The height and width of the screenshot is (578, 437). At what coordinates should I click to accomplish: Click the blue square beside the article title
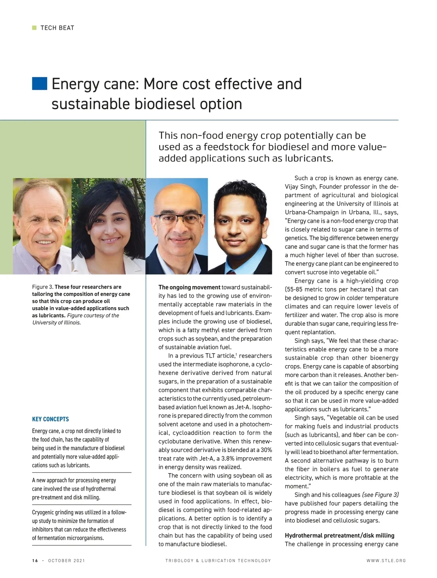click(x=39, y=83)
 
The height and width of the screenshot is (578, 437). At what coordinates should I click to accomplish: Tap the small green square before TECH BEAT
click(x=34, y=28)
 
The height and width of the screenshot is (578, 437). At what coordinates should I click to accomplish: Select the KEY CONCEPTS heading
click(x=50, y=419)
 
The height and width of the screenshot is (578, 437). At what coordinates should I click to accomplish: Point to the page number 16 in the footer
click(x=35, y=561)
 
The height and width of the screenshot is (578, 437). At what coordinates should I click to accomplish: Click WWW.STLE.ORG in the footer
click(x=386, y=561)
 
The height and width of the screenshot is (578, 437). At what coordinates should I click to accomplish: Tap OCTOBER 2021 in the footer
click(x=66, y=561)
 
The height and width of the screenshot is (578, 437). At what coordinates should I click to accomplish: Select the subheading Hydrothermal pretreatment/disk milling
click(x=339, y=535)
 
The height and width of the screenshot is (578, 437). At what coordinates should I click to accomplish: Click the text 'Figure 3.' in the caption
click(x=43, y=287)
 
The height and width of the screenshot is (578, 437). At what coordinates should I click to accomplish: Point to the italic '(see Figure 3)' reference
click(x=380, y=495)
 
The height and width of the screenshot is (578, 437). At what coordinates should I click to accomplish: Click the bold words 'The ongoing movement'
click(x=189, y=287)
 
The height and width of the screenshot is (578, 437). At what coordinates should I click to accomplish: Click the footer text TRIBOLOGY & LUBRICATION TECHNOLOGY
click(x=218, y=561)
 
